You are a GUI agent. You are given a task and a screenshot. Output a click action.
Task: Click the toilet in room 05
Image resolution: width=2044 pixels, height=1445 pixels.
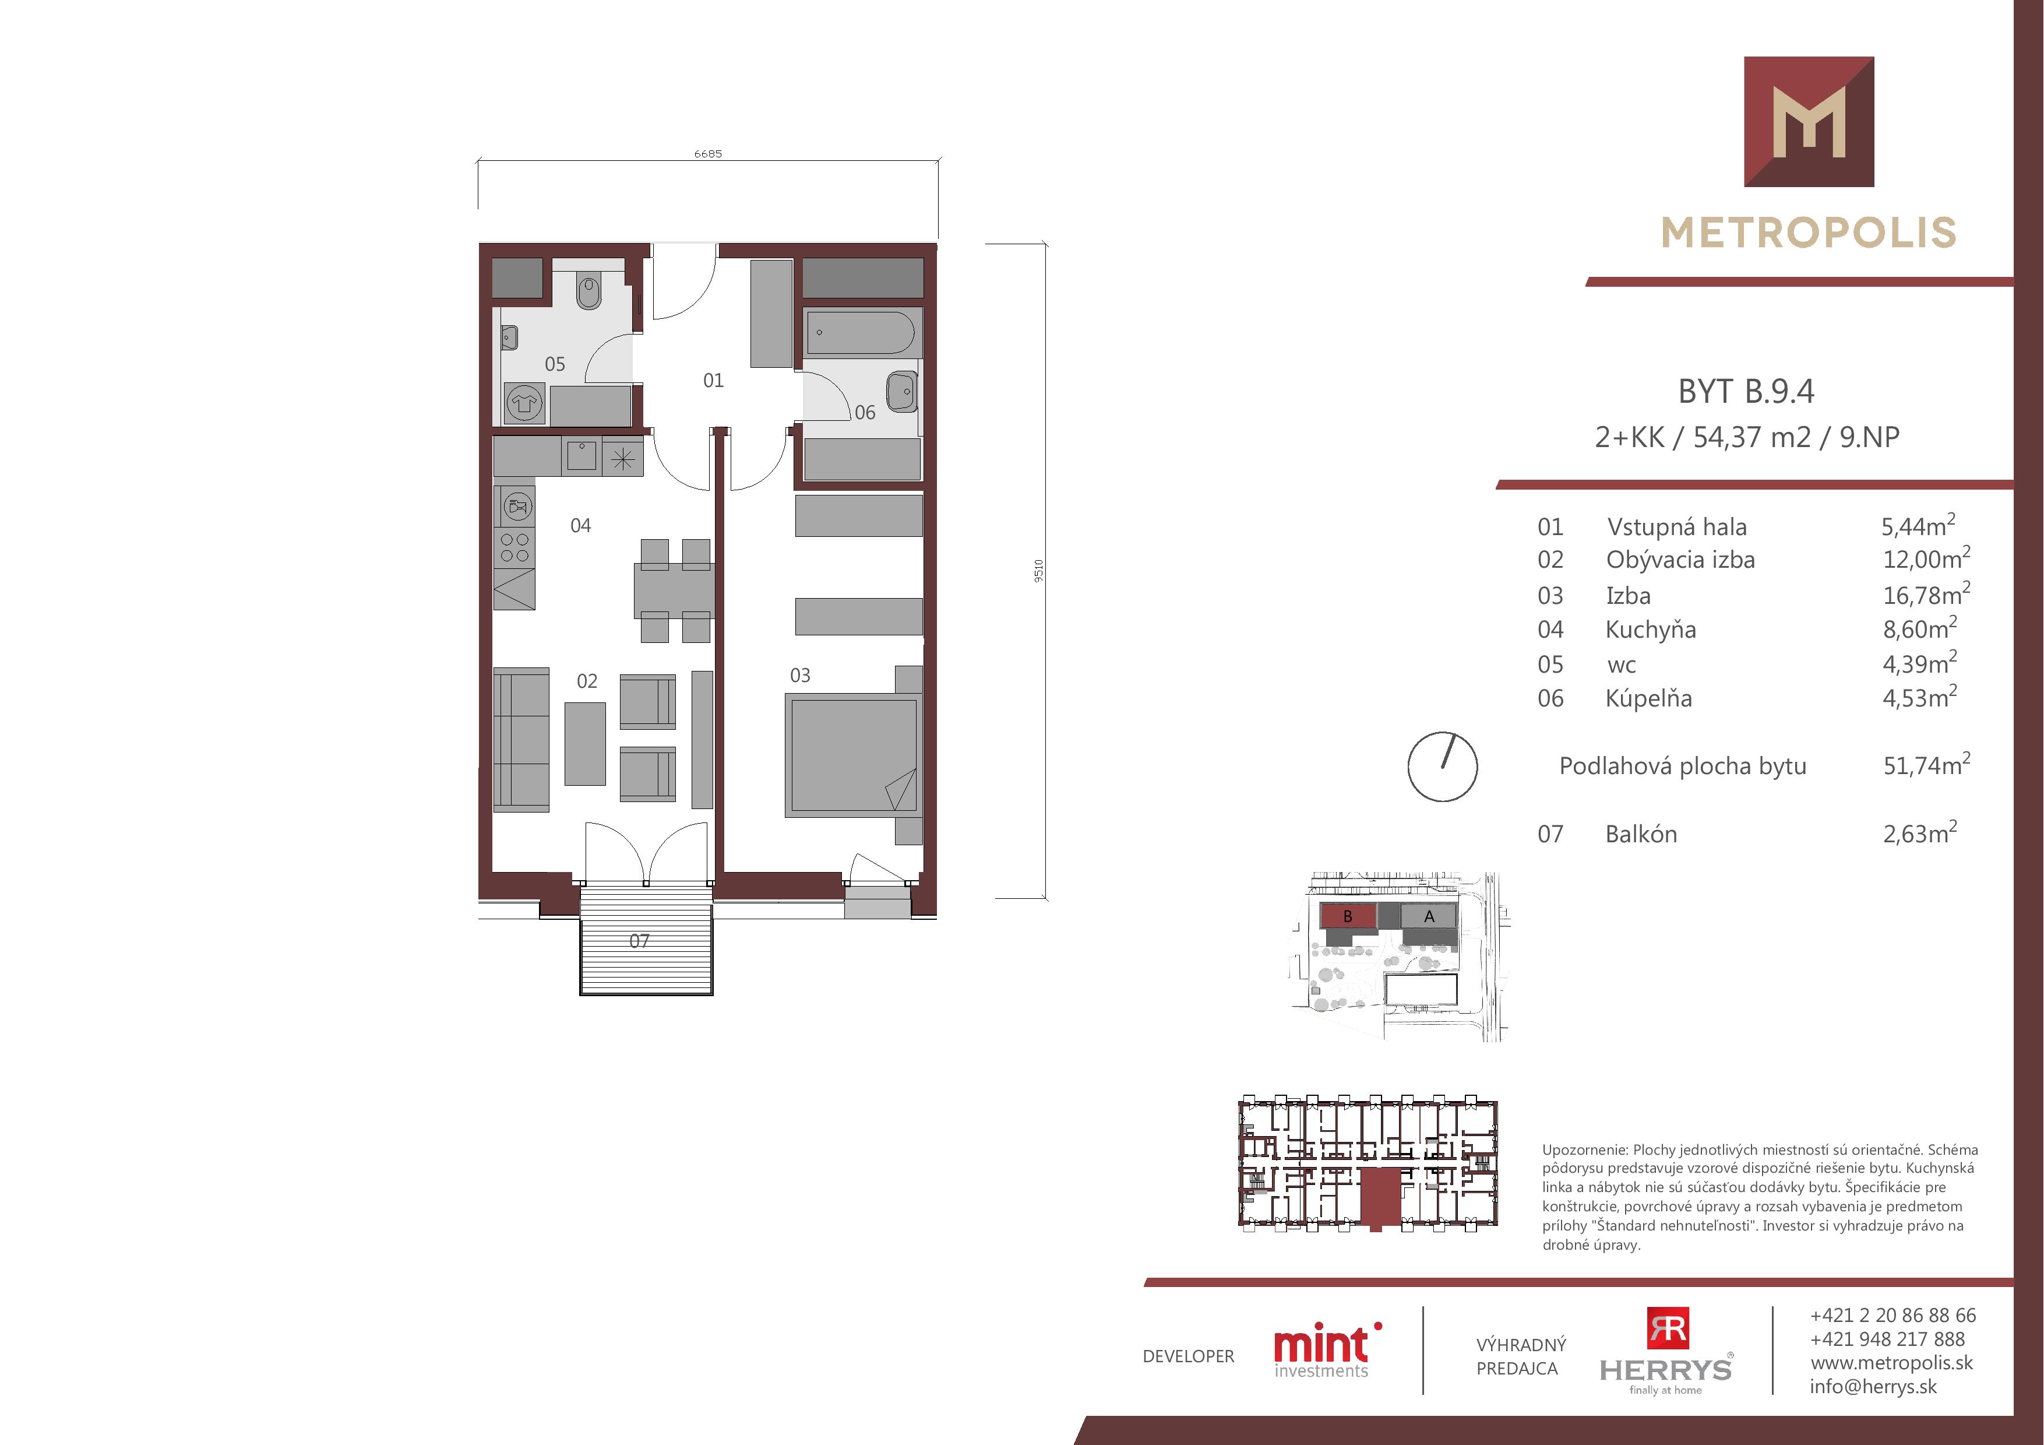click(x=588, y=291)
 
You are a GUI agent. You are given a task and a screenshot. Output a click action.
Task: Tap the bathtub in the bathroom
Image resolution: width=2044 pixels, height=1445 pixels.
click(x=860, y=333)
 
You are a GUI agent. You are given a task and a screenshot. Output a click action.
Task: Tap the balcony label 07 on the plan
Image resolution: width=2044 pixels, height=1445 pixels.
click(x=639, y=941)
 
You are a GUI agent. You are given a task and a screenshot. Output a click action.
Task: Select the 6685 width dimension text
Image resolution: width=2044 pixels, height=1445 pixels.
click(x=708, y=154)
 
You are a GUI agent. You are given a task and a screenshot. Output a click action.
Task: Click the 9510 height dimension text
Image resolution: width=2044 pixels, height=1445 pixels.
click(x=1038, y=571)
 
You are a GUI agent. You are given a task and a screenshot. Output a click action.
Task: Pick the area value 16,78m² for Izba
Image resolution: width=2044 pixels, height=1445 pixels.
click(x=1926, y=593)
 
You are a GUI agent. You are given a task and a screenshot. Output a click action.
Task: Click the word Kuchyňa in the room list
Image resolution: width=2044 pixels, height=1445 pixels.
click(x=1651, y=630)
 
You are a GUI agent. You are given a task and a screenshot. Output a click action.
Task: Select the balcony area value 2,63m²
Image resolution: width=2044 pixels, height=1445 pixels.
click(x=1919, y=832)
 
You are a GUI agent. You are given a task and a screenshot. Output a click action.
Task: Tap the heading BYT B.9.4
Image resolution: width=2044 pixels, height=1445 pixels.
click(x=1746, y=391)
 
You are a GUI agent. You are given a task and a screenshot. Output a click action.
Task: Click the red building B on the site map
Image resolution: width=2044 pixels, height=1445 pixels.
click(x=1347, y=916)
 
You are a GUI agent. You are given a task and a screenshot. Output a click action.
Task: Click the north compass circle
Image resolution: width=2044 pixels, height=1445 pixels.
click(x=1442, y=767)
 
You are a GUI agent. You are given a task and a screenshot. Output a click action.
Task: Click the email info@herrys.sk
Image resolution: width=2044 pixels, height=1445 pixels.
click(x=1873, y=1386)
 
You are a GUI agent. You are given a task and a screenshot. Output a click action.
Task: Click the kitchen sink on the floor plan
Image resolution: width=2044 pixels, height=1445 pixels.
click(x=582, y=456)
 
